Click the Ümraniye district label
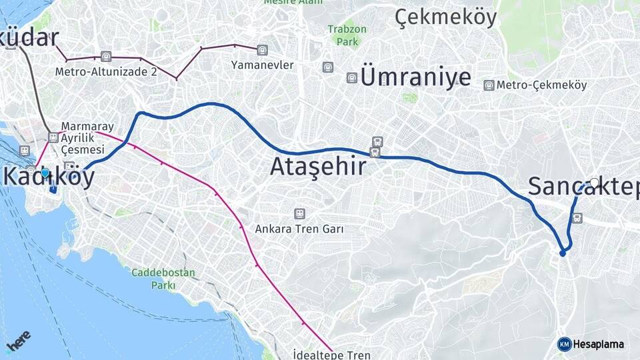point(415,77)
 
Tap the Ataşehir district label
point(318,166)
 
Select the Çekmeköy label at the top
point(446,17)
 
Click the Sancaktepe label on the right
point(583,186)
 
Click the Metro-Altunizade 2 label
point(106,71)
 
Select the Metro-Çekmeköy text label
point(541,85)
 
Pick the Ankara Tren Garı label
point(299,229)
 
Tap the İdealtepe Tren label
point(331,355)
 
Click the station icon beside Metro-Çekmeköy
point(489,85)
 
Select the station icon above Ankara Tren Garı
point(299,213)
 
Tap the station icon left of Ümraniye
point(351,78)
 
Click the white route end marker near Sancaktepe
point(594,181)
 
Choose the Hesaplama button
point(591,344)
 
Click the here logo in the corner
point(18,341)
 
